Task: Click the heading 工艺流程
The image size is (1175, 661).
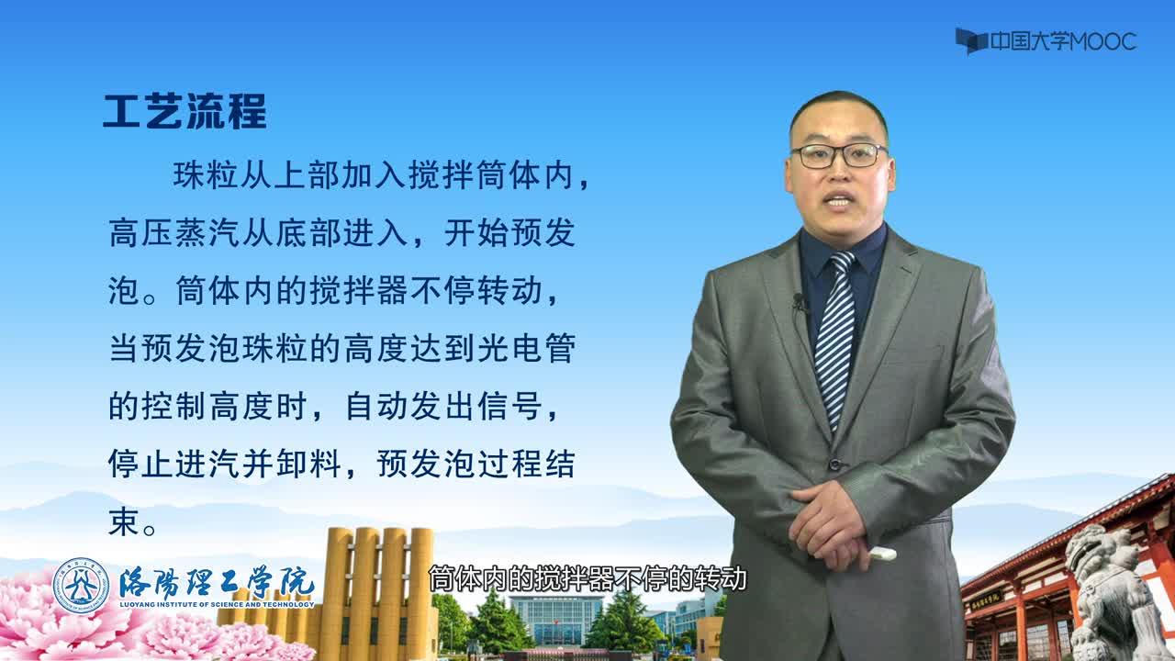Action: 185,112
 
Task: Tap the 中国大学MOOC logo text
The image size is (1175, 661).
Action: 1063,41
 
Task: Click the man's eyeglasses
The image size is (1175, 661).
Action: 839,156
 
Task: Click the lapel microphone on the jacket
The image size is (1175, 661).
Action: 799,303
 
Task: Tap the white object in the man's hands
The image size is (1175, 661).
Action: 882,554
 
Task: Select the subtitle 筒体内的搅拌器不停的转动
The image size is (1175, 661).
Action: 587,578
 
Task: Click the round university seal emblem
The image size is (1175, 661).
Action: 81,586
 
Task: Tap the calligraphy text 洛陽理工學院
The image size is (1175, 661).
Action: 216,581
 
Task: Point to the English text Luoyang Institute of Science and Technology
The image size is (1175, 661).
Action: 217,604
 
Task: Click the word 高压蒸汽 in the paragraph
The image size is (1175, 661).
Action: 174,233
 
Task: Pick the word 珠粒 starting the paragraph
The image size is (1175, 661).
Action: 207,175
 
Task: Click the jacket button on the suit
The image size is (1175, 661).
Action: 834,464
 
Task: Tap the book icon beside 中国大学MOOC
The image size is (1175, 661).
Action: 971,41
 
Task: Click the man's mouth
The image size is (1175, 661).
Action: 839,201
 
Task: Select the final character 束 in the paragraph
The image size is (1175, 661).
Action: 123,521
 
